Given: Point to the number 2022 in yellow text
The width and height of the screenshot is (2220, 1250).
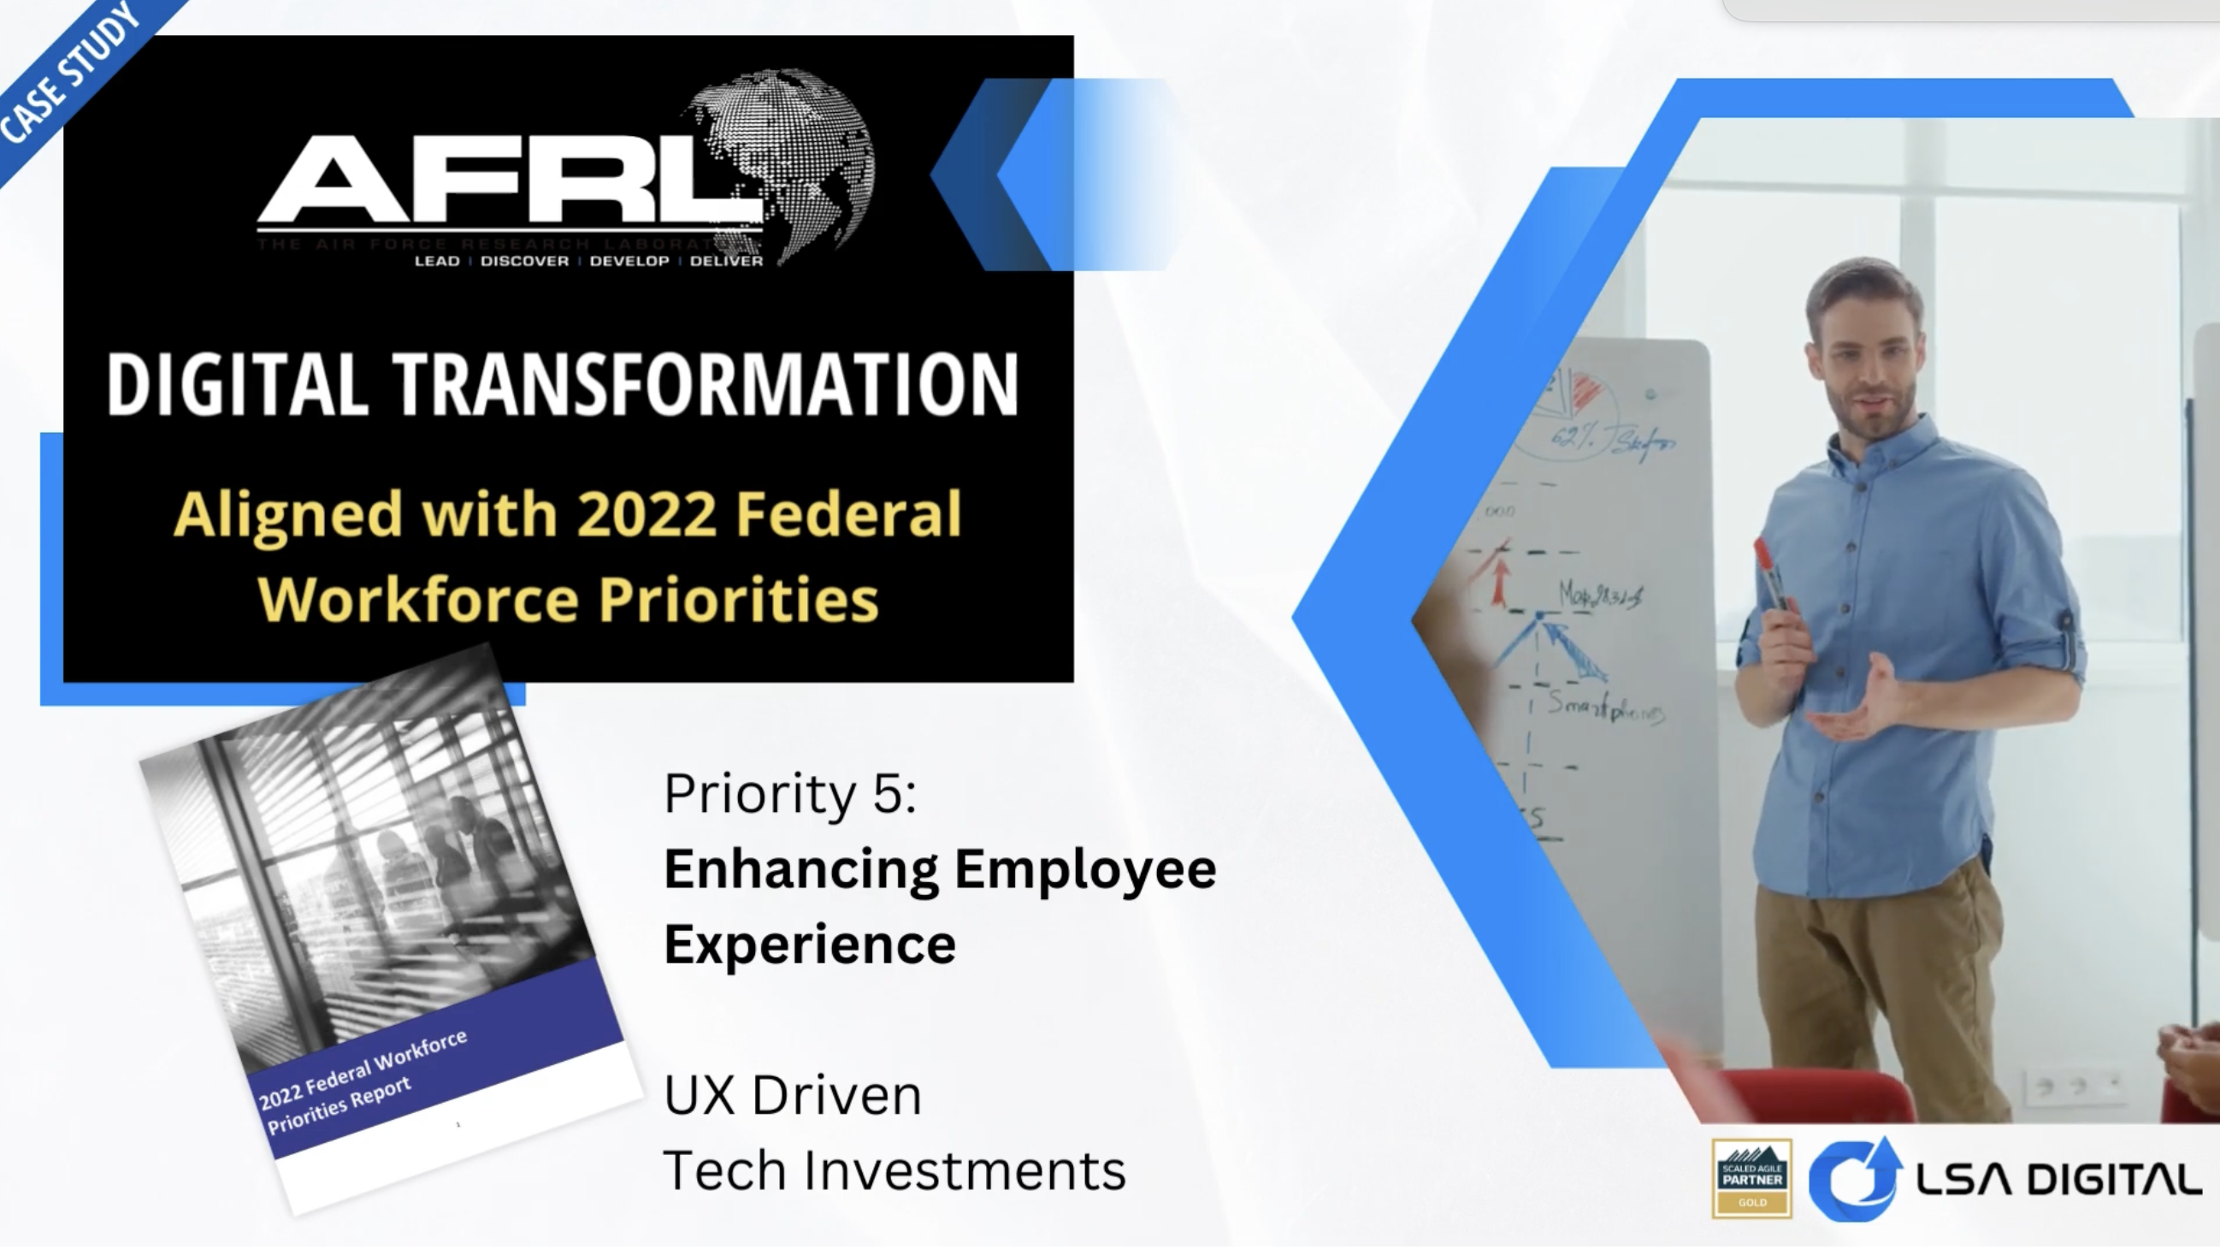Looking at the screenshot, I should click(x=647, y=515).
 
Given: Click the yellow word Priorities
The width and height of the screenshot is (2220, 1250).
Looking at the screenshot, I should click(x=739, y=599).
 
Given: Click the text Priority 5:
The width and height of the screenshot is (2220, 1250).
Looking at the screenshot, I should click(x=789, y=793).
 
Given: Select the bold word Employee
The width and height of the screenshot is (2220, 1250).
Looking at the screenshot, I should click(x=1085, y=869).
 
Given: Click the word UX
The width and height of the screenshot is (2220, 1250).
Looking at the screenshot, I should click(x=699, y=1097).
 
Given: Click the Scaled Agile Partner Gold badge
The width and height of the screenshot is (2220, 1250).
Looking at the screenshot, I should click(x=1751, y=1178).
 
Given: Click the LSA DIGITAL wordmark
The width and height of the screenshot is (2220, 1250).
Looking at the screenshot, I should click(x=2058, y=1180).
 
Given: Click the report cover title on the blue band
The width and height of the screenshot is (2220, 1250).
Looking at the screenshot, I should click(x=362, y=1082).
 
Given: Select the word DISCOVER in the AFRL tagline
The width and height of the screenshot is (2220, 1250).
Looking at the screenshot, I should click(x=524, y=261).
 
